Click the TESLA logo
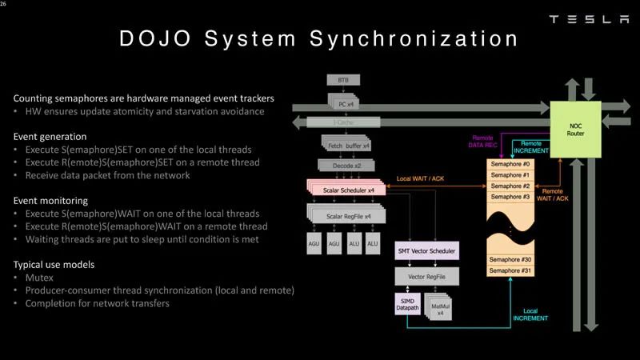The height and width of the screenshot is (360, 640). (x=589, y=19)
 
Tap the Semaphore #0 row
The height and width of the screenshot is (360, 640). (x=510, y=164)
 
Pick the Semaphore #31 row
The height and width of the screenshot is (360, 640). (x=510, y=272)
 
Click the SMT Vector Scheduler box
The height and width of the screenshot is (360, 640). (x=427, y=251)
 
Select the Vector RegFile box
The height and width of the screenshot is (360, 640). (x=427, y=276)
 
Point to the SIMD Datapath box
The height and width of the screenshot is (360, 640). (x=407, y=303)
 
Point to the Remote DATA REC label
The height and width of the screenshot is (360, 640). (x=483, y=142)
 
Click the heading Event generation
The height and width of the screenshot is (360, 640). (x=50, y=137)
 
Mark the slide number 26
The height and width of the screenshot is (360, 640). (x=4, y=4)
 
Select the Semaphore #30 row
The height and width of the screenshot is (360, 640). (x=510, y=259)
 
